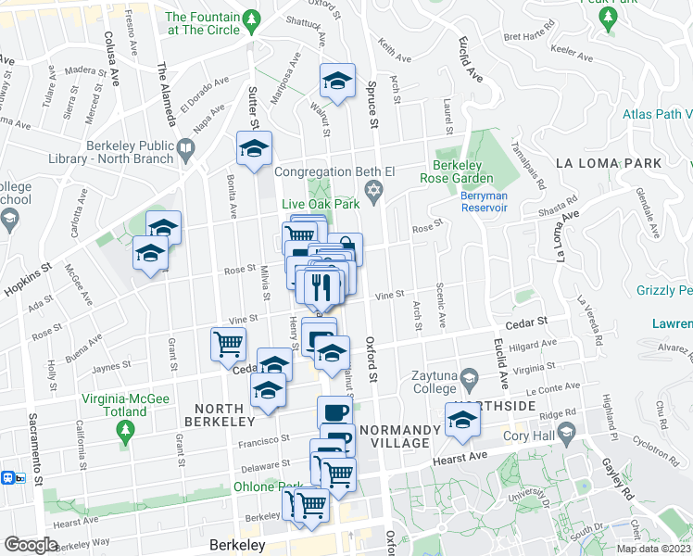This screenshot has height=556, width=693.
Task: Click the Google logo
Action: [x=31, y=545]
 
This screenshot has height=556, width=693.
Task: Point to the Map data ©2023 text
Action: [x=654, y=549]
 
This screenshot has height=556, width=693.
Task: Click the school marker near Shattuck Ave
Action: [x=338, y=82]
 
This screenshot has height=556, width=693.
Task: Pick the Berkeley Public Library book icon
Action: [x=186, y=147]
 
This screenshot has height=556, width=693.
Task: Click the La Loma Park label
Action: [x=608, y=163]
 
